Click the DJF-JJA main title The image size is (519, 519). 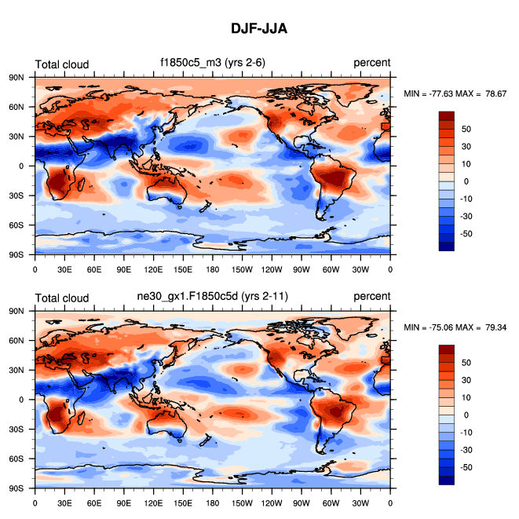coord(259,28)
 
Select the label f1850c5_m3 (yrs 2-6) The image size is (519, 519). coord(213,64)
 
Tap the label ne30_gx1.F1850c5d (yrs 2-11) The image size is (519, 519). coord(213,296)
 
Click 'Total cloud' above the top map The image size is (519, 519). coord(62,64)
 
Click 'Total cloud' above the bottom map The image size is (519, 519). coord(62,297)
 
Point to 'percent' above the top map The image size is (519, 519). coord(371,64)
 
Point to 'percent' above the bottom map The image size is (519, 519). coord(371,297)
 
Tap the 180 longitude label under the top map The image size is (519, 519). coord(213,269)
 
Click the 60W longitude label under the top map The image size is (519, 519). coord(331,269)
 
